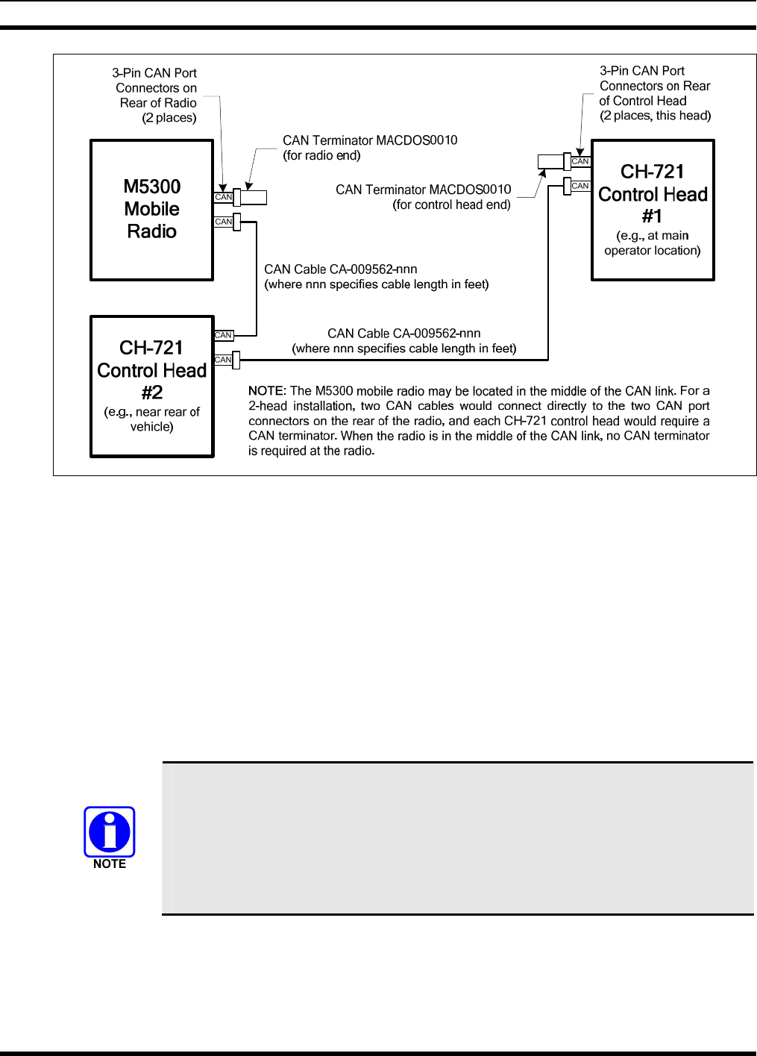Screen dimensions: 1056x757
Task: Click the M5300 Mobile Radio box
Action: [152, 210]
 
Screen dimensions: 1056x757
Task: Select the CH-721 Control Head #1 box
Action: [653, 210]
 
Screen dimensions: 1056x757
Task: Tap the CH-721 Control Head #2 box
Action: [152, 386]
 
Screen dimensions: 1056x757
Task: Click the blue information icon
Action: [110, 831]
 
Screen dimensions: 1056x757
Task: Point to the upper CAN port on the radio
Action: [223, 198]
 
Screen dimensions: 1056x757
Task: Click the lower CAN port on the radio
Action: [223, 222]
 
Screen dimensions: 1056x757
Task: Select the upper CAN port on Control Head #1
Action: [580, 161]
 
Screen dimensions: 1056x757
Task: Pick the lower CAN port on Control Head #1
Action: [580, 186]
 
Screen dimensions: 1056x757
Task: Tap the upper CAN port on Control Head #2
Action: [223, 335]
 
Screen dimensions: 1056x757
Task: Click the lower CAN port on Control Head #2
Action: [223, 360]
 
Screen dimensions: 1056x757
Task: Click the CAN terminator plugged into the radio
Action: [251, 198]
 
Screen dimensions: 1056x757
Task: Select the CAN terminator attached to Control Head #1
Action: [552, 161]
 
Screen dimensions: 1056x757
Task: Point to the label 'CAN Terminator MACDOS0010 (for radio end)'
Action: [370, 148]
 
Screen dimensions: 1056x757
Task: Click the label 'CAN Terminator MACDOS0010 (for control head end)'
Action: [424, 197]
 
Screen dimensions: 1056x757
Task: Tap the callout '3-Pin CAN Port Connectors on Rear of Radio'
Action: [156, 96]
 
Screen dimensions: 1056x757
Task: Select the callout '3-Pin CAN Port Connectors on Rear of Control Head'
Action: [655, 93]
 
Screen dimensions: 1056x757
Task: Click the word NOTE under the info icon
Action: [110, 864]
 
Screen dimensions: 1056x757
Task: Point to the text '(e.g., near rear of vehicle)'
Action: [152, 419]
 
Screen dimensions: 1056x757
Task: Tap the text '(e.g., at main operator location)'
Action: [653, 243]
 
